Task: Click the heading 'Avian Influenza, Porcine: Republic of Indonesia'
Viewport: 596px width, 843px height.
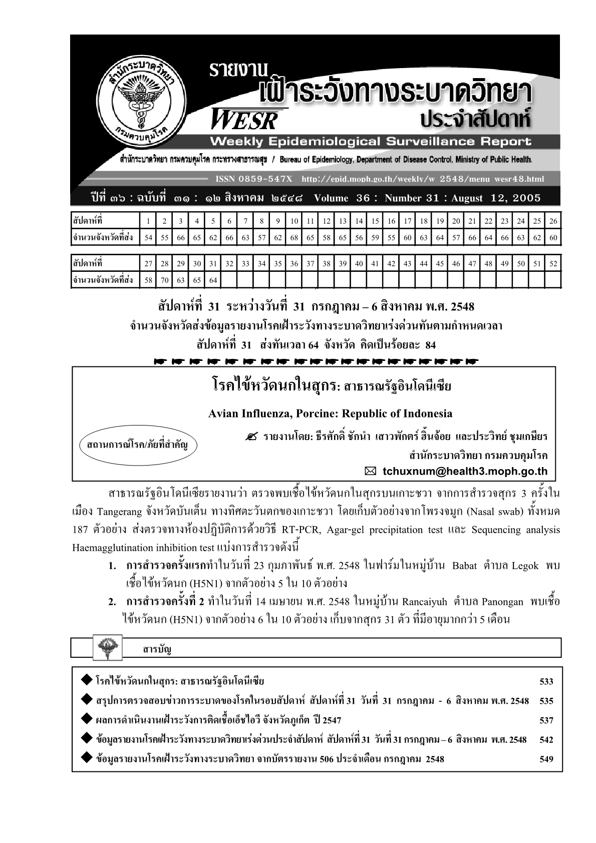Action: point(330,413)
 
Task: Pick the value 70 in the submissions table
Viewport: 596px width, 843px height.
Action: point(165,280)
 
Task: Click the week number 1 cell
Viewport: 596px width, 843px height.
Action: point(148,221)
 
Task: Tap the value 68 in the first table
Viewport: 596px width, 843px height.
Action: point(294,238)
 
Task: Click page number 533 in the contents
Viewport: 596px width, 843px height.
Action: point(546,681)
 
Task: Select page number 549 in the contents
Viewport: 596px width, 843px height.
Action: point(546,759)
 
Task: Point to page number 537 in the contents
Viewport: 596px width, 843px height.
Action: point(546,720)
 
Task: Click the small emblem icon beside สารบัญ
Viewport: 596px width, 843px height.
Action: point(105,647)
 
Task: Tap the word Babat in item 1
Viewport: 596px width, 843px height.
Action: point(463,566)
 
